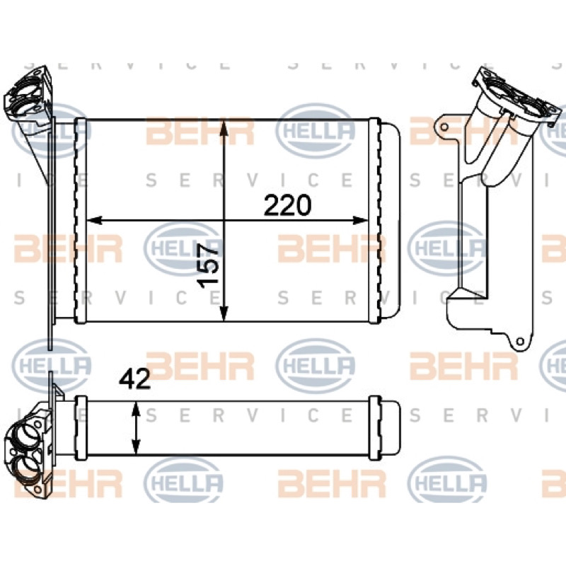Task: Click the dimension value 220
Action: pyautogui.click(x=287, y=205)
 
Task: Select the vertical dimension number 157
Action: pyautogui.click(x=209, y=266)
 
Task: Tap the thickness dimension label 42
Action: pyautogui.click(x=134, y=379)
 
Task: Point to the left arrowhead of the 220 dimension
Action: pyautogui.click(x=95, y=220)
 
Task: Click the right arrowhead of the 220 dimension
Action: pyautogui.click(x=360, y=220)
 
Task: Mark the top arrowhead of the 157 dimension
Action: pyautogui.click(x=224, y=128)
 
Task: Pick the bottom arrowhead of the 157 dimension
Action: pyautogui.click(x=224, y=313)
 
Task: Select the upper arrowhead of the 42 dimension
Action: pyautogui.click(x=136, y=410)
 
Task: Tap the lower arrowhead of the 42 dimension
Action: pyautogui.click(x=136, y=446)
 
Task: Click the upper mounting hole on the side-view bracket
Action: pyautogui.click(x=445, y=127)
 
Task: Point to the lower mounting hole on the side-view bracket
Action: pyautogui.click(x=520, y=341)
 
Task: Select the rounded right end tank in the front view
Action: pyautogui.click(x=391, y=220)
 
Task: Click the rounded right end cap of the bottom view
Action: pyautogui.click(x=391, y=428)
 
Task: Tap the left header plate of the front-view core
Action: pyautogui.click(x=80, y=220)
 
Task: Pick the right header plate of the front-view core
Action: pyautogui.click(x=375, y=220)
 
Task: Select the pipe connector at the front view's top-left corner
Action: pyautogui.click(x=28, y=95)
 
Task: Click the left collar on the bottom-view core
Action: pyautogui.click(x=81, y=428)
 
